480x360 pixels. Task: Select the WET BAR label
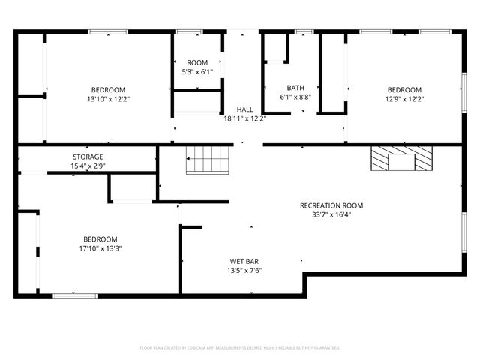click(244, 262)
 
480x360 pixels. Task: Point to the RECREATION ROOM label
click(331, 205)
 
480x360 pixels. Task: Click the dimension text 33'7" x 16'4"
click(331, 214)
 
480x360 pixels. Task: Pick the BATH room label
click(295, 88)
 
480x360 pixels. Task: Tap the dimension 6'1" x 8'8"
click(295, 97)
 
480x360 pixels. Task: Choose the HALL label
click(244, 109)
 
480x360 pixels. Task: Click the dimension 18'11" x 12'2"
click(244, 118)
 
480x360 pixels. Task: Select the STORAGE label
click(87, 157)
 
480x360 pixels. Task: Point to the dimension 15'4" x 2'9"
click(87, 166)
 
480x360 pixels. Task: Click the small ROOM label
click(197, 62)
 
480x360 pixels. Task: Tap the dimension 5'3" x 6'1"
click(197, 72)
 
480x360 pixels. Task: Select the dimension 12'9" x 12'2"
click(404, 98)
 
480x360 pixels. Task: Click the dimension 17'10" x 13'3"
click(100, 249)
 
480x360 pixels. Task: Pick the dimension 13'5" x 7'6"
click(244, 271)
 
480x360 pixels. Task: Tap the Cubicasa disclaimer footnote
click(240, 348)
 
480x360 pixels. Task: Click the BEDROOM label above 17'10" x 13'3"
click(100, 239)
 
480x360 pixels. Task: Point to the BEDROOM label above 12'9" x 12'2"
click(404, 89)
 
